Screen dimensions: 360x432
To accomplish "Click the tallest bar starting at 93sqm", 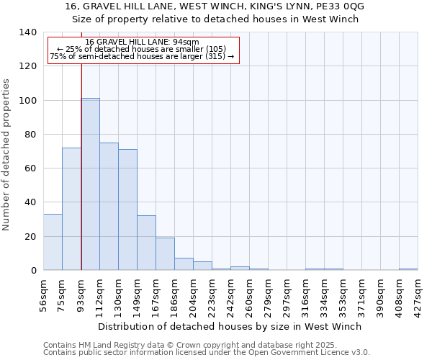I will [x=90, y=184].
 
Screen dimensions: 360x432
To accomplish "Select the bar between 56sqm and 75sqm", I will [x=53, y=242].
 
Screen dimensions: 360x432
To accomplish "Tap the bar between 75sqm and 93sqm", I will [x=71, y=209].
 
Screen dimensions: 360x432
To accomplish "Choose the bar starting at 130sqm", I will [x=127, y=210].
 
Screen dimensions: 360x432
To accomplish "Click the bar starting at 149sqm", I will [x=146, y=243].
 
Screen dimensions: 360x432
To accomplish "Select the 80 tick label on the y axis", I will [x=30, y=135].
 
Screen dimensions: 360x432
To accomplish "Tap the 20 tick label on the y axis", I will [x=30, y=237].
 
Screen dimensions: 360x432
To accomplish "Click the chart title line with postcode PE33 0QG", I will [x=215, y=6].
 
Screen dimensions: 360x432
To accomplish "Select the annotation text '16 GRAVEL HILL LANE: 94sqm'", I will [x=142, y=42].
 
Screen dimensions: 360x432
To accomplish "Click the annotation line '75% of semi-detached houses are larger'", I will [x=142, y=56].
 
